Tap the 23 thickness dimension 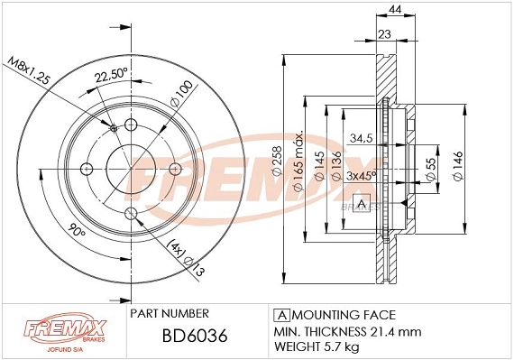coord(384,34)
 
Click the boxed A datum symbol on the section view coord(362,206)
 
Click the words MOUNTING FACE coord(344,314)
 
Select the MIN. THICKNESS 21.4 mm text coord(346,330)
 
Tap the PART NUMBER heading coord(170,313)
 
